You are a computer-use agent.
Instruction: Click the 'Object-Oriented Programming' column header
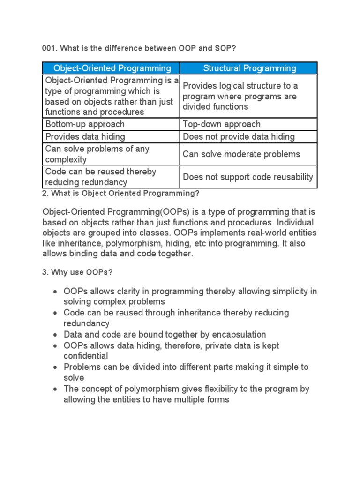pos(112,68)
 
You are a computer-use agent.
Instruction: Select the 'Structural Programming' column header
pos(249,68)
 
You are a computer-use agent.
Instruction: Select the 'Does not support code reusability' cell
pos(248,177)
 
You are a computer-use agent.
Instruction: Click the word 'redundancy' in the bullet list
pos(87,323)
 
